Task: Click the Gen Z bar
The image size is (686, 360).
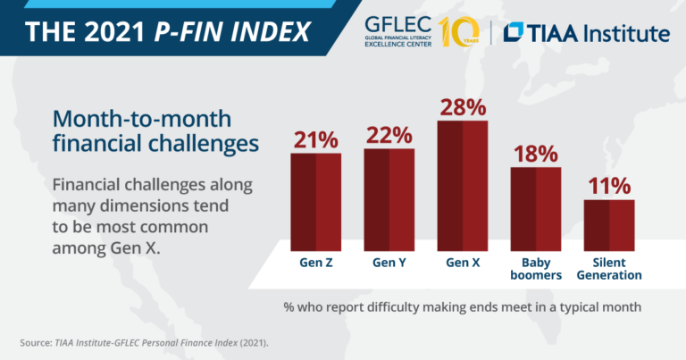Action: [x=315, y=203]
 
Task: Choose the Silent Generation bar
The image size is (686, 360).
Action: [x=608, y=225]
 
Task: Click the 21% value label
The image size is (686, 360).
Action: [x=315, y=140]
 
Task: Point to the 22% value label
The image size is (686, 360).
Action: [x=389, y=136]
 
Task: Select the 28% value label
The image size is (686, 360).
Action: [x=462, y=107]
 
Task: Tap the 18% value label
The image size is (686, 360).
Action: [x=535, y=154]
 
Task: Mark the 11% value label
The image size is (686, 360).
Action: [x=608, y=186]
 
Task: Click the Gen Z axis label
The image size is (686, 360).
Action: [x=315, y=264]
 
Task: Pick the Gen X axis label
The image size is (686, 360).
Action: [x=462, y=264]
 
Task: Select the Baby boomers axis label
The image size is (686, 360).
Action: [x=535, y=269]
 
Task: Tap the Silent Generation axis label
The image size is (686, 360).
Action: [x=608, y=269]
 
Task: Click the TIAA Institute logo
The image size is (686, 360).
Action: [x=586, y=33]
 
